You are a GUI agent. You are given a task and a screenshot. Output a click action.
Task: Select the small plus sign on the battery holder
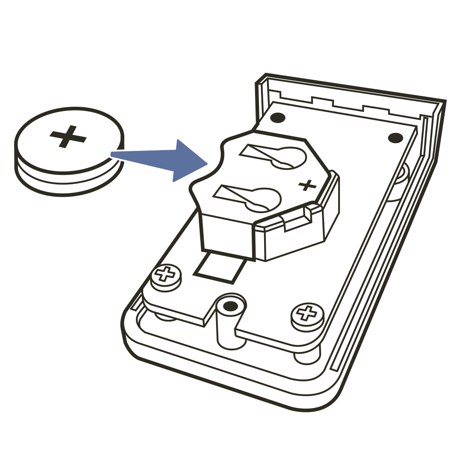coord(307,185)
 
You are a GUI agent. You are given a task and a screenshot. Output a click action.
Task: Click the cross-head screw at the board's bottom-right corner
coord(307,313)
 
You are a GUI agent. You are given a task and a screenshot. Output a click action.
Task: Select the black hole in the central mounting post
coord(231,306)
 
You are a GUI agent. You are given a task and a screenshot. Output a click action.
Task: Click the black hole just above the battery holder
coord(278,117)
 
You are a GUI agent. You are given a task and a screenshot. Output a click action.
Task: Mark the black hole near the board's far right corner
coord(395,138)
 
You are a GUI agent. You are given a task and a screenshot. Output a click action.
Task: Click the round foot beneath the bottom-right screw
coord(307,359)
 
